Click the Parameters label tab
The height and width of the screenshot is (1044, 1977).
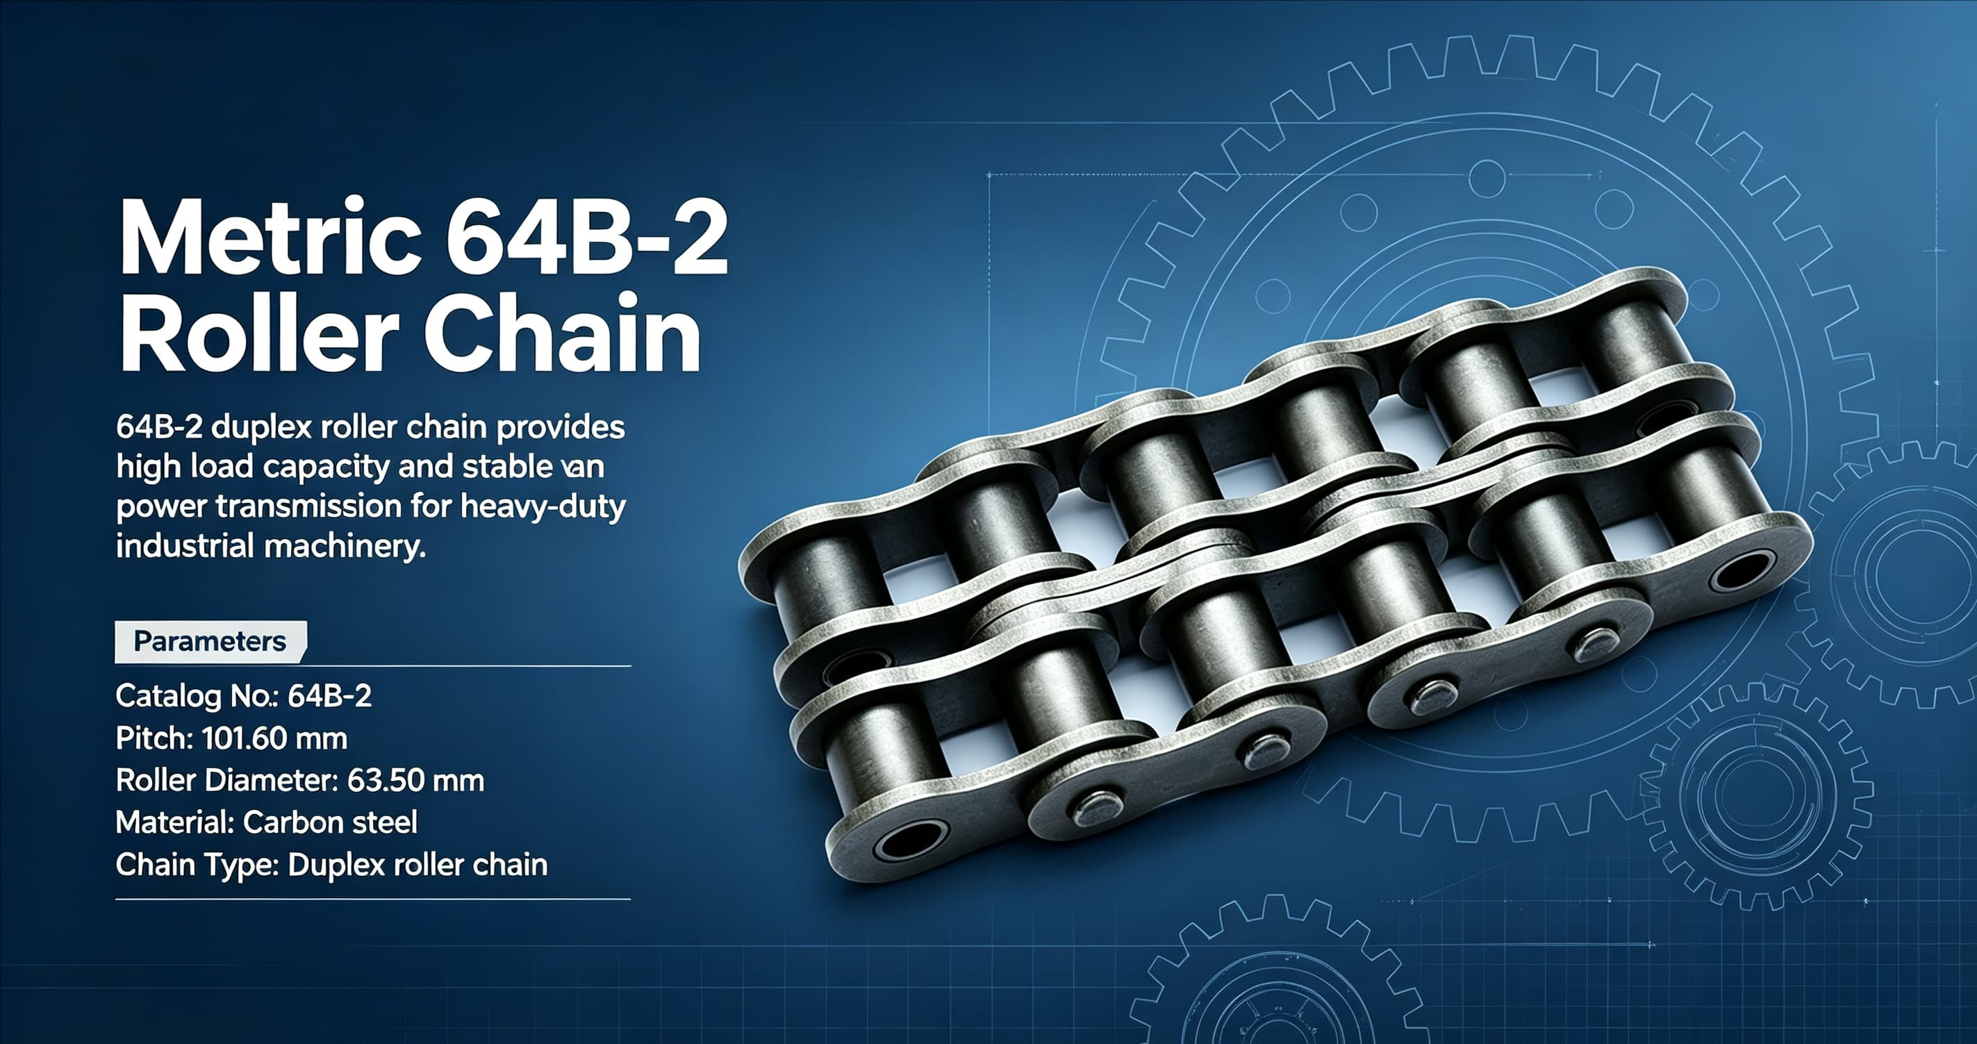point(210,642)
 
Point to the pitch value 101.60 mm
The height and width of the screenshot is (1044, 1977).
point(274,738)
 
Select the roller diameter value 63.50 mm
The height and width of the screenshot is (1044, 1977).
point(415,781)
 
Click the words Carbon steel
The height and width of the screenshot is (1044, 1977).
point(330,823)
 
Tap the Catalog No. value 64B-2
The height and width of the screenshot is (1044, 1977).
point(329,696)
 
